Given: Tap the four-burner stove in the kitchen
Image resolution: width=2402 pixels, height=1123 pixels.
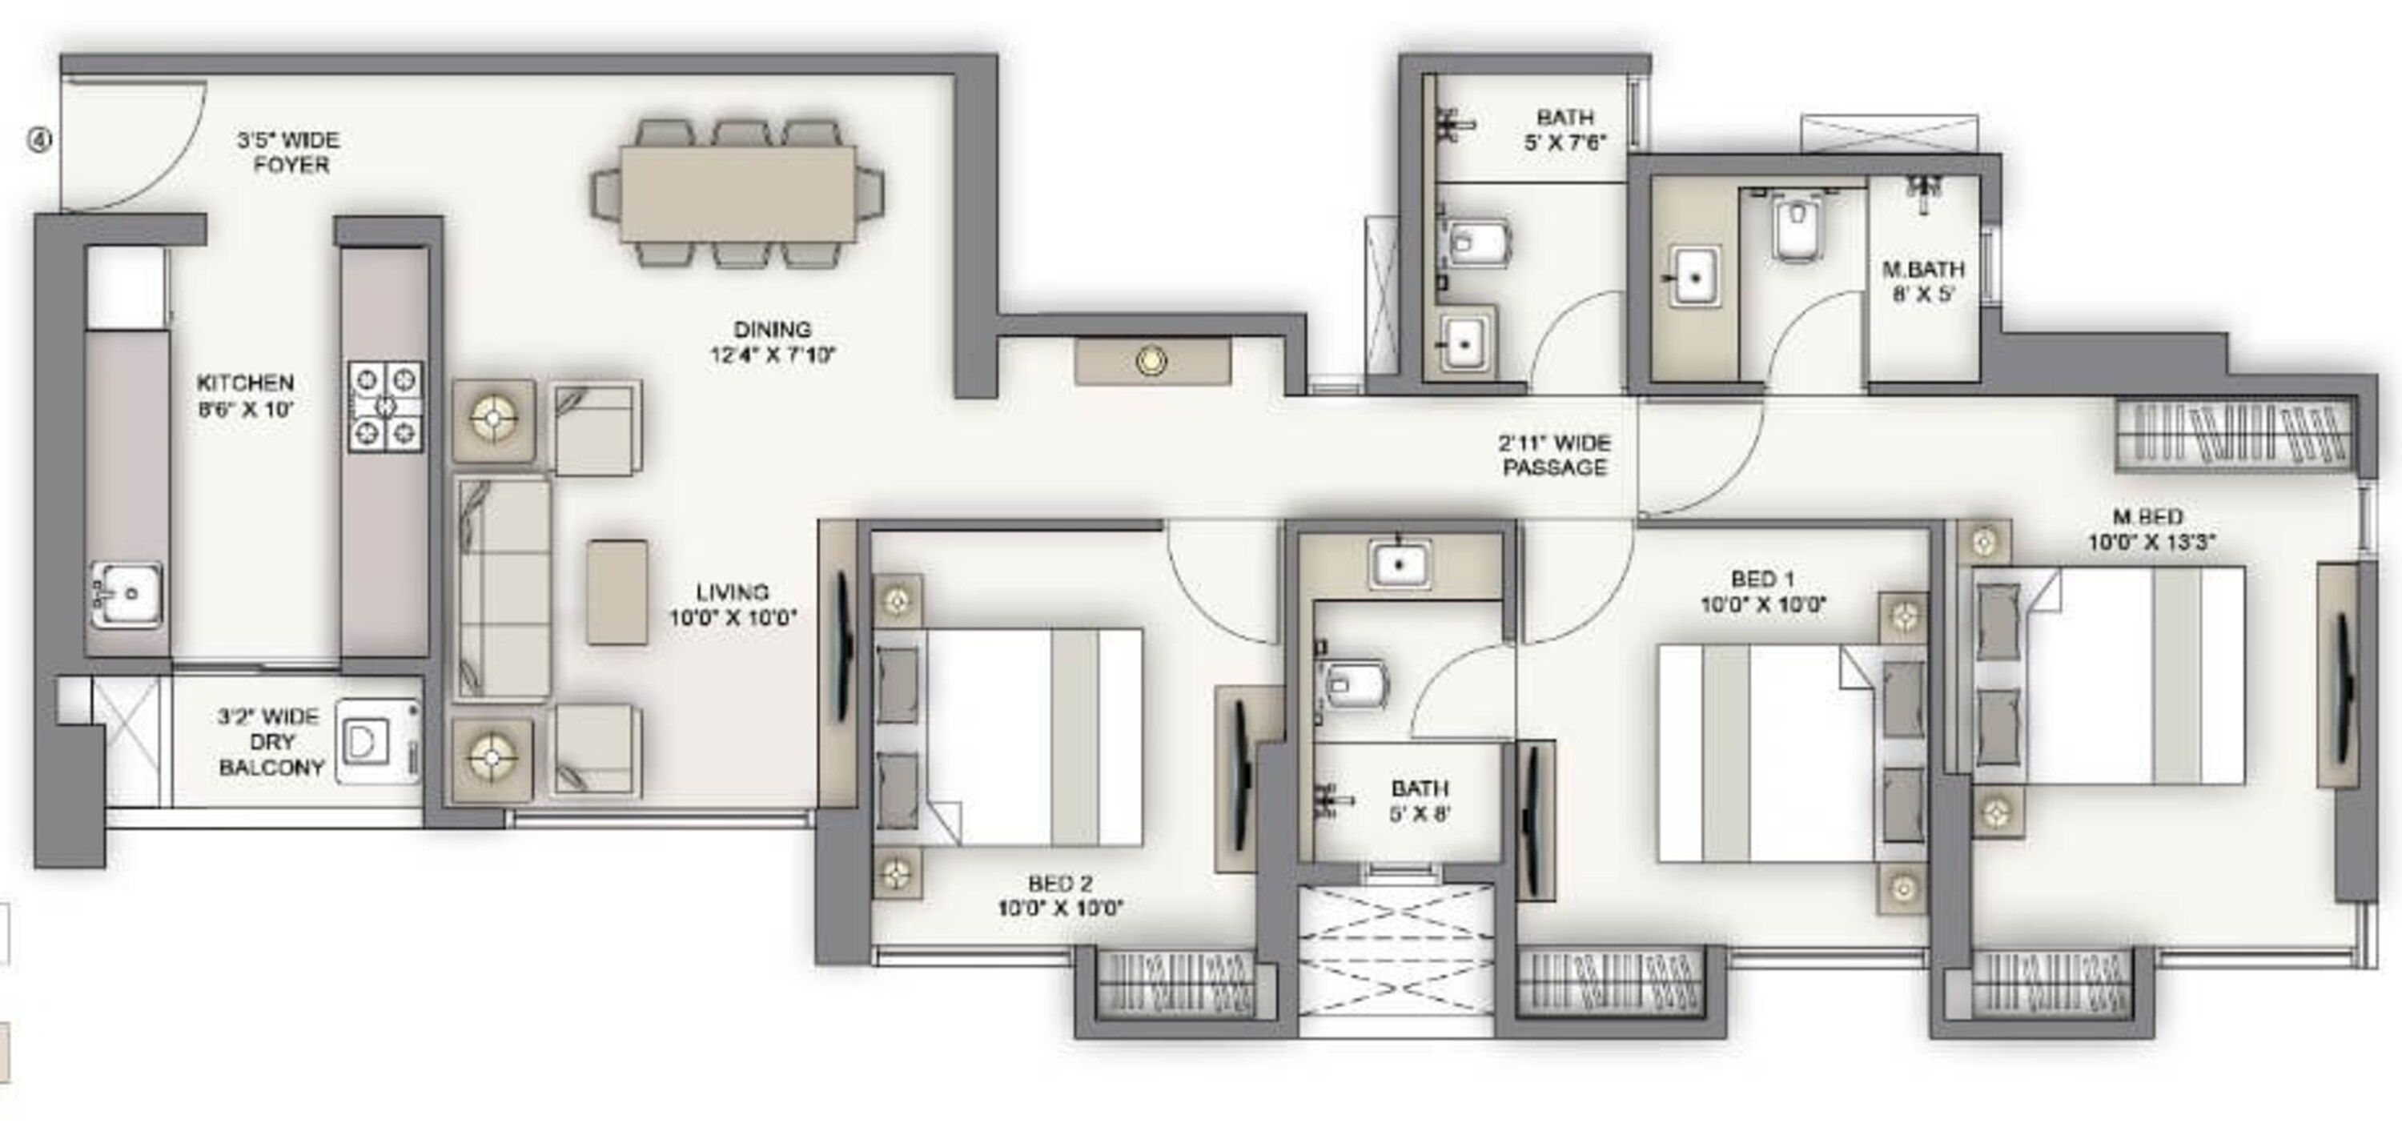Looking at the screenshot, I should (x=385, y=407).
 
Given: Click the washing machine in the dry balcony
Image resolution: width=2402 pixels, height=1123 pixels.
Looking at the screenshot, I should (x=376, y=742).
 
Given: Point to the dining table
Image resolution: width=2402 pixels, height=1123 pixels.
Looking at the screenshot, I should (x=737, y=193).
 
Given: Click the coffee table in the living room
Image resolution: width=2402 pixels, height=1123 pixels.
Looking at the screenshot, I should (x=617, y=592).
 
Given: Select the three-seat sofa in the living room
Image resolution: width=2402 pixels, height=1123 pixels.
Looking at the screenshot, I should (x=503, y=588).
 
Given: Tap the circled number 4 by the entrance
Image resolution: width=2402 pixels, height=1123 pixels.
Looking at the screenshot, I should (x=39, y=140).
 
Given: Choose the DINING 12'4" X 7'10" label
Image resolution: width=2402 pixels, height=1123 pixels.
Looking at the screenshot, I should (x=772, y=342).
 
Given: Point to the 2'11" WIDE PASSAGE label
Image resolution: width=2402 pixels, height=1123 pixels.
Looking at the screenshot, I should (x=1554, y=455).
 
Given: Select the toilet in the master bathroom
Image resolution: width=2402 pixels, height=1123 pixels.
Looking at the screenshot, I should (x=1794, y=231).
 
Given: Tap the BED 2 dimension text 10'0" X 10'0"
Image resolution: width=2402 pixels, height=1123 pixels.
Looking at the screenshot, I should (x=1060, y=908).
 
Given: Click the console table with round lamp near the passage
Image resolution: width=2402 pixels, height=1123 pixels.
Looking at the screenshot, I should (x=1152, y=362).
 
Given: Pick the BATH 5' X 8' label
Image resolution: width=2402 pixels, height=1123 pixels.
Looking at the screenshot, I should (x=1420, y=800).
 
